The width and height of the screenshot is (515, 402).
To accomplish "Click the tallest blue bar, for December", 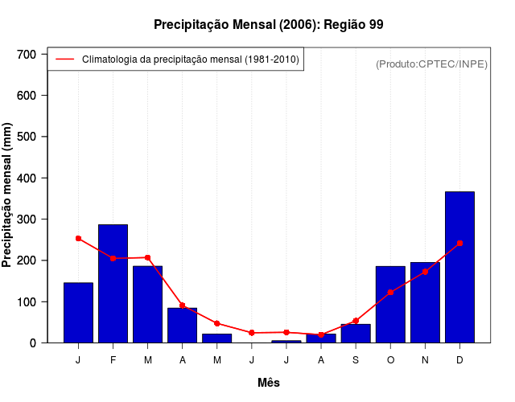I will [459, 267].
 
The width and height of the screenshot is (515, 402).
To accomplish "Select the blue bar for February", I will [113, 284].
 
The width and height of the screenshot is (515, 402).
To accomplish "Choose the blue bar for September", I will [356, 333].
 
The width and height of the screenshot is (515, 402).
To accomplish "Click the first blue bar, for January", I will [78, 313].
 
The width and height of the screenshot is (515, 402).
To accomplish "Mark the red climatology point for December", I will [459, 243].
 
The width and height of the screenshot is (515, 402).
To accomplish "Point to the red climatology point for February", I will [113, 258].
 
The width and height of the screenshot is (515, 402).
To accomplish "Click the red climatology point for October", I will [390, 293].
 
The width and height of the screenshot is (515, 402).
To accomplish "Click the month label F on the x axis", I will [113, 360].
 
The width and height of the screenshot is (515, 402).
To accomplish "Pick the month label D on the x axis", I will [459, 360].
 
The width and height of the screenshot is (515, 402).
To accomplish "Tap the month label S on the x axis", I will [356, 360].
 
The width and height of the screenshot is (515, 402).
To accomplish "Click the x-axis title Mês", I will [269, 383].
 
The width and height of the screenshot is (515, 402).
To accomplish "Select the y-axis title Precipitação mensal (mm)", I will [8, 195].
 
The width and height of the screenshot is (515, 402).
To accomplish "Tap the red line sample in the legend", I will [64, 59].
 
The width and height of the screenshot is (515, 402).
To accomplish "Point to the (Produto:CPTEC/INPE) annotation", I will [431, 64].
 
